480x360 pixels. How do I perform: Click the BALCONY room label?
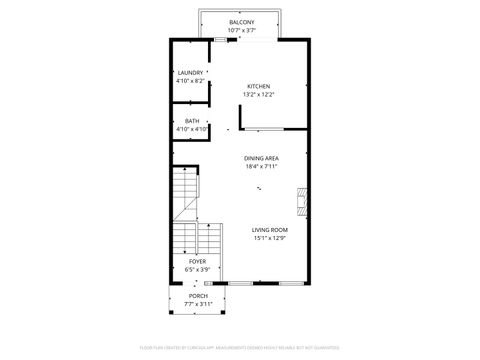click(240, 22)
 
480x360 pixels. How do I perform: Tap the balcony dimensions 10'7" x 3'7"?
click(240, 30)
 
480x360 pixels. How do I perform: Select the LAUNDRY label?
click(190, 73)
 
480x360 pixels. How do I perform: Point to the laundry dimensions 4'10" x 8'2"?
click(190, 80)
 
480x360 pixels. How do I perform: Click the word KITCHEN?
click(257, 86)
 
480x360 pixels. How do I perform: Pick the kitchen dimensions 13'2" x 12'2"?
click(257, 94)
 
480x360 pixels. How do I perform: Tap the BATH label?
click(191, 121)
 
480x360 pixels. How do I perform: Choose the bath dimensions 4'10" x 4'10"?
click(191, 129)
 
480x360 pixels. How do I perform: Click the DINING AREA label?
click(261, 158)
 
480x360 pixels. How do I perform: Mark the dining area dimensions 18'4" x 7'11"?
click(261, 166)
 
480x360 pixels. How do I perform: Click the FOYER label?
click(197, 261)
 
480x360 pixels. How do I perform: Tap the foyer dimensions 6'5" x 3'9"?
click(197, 269)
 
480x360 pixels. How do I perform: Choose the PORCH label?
click(198, 296)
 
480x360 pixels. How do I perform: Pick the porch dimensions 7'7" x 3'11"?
click(198, 304)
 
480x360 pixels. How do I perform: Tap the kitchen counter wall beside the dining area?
click(273, 129)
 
